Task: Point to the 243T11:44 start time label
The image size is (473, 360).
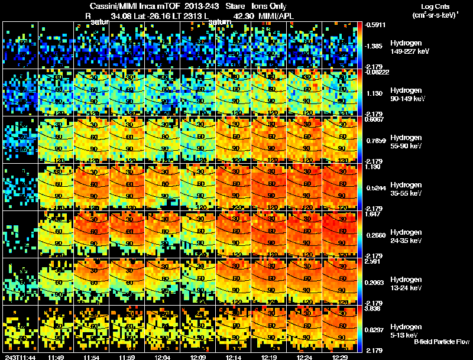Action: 18,356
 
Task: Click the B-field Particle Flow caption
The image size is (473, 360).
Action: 442,342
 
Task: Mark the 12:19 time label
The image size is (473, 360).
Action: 270,356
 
